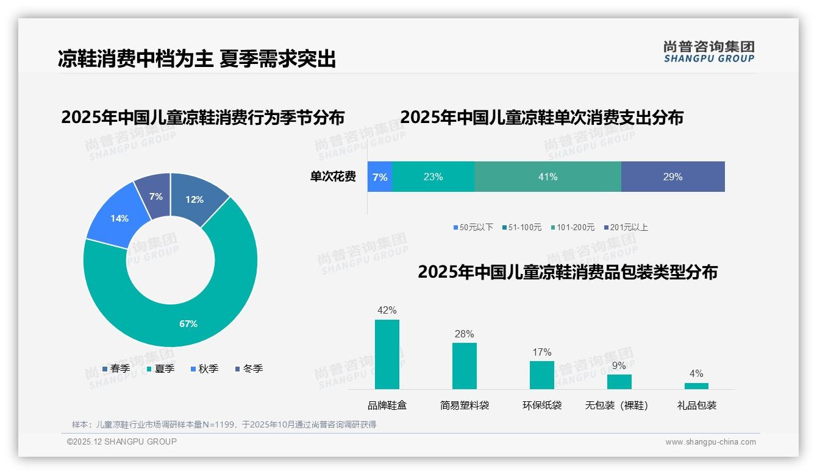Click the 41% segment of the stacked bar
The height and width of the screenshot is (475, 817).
548,177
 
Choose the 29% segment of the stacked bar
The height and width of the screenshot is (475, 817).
673,177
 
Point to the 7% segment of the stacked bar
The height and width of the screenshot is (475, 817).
379,177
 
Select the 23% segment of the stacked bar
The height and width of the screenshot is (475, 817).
433,177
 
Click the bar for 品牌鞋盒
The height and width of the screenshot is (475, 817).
387,354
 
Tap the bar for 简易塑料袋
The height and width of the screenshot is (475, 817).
464,366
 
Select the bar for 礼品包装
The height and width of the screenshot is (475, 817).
696,386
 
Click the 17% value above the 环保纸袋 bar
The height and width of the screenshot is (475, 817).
541,352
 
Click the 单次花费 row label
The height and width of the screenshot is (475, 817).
333,177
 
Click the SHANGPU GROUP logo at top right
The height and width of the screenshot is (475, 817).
708,52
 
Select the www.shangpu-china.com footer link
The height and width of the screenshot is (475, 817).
710,442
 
